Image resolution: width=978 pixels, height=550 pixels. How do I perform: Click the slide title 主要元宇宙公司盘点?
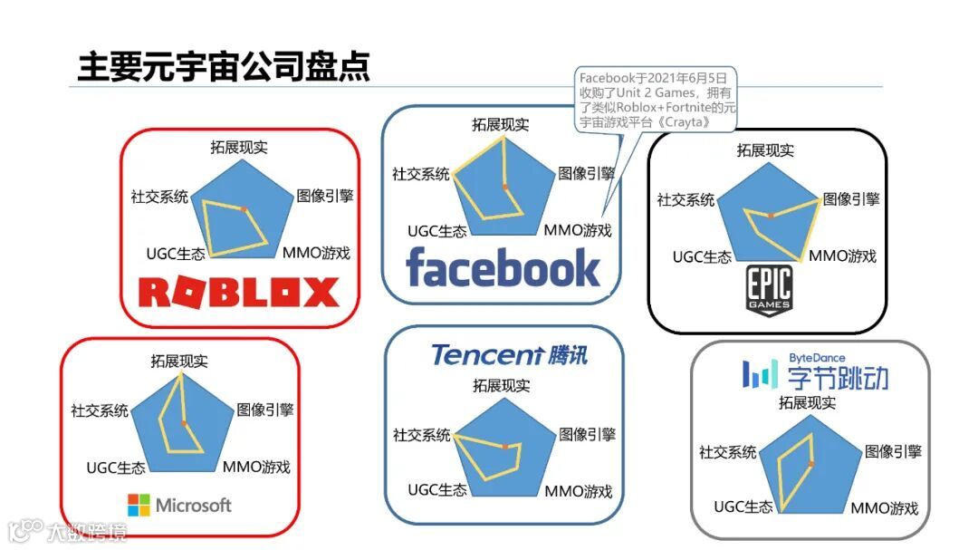point(224,67)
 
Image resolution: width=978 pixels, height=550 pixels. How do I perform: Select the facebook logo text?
point(503,268)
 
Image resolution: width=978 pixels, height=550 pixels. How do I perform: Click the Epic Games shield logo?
point(769,291)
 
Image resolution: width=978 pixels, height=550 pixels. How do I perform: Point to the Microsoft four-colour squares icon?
point(139,505)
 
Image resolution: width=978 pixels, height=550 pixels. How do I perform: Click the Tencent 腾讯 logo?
point(509,354)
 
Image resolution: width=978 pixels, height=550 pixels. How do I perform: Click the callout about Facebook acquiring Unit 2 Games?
point(657,100)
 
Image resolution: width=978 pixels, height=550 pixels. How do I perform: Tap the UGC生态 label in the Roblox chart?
point(174,253)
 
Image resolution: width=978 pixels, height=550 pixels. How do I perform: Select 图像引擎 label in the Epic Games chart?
point(850,199)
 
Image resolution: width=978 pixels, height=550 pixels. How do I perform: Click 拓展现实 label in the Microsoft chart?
point(179,361)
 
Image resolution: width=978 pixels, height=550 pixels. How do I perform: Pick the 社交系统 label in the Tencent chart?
point(421,435)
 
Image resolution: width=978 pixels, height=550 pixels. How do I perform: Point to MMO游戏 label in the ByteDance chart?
point(884,507)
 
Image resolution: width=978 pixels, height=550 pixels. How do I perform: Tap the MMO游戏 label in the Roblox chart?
point(316,252)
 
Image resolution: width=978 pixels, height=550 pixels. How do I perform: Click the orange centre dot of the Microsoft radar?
point(184,423)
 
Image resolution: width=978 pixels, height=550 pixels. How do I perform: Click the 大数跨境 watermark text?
point(88,530)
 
